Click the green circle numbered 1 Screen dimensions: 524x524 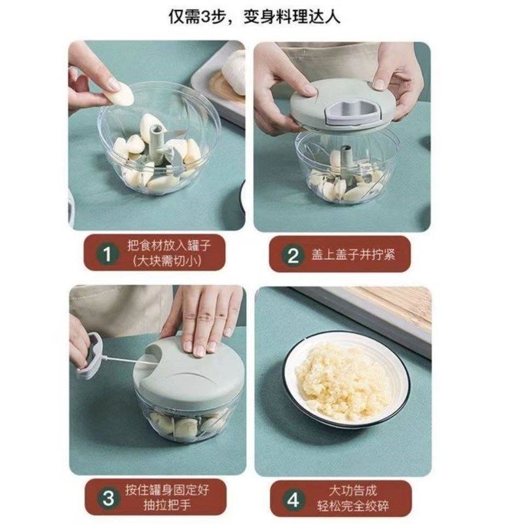point(105,255)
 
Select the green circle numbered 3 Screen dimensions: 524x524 point(106,497)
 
